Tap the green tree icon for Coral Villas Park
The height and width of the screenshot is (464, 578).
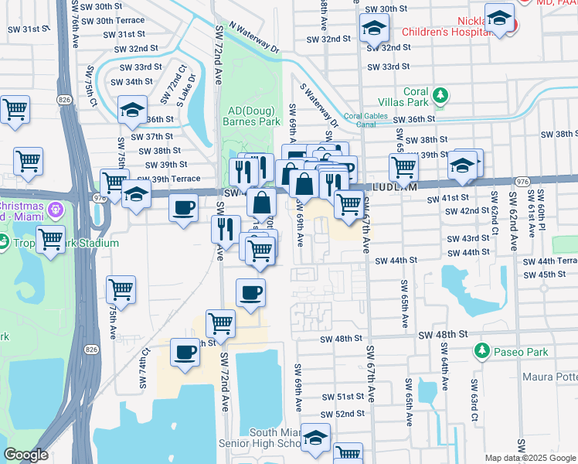tap(440, 96)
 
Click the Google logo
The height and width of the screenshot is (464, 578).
tap(25, 455)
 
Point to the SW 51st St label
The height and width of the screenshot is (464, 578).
tap(344, 397)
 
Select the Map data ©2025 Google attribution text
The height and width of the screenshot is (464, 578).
tap(529, 458)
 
